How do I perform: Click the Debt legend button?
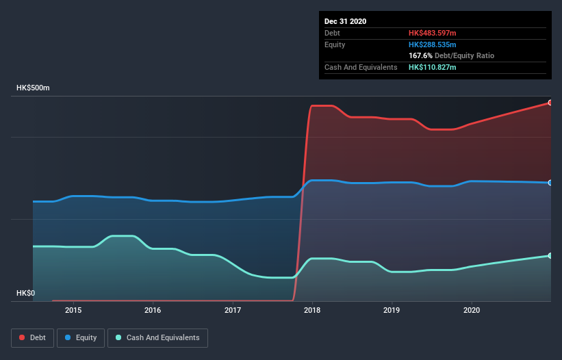pyautogui.click(x=31, y=337)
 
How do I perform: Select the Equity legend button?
pyautogui.click(x=81, y=337)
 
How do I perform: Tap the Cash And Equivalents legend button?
pyautogui.click(x=157, y=337)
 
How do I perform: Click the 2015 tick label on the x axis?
pyautogui.click(x=73, y=310)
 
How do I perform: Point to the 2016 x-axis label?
pyautogui.click(x=153, y=310)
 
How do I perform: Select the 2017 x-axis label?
pyautogui.click(x=233, y=310)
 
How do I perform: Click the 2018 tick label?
pyautogui.click(x=312, y=310)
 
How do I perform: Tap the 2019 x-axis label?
pyautogui.click(x=392, y=310)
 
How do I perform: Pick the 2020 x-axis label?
pyautogui.click(x=472, y=310)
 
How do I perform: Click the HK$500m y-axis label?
pyautogui.click(x=34, y=88)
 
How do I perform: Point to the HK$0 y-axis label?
pyautogui.click(x=27, y=293)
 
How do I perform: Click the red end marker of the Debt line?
pyautogui.click(x=550, y=103)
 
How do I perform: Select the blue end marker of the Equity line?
pyautogui.click(x=550, y=183)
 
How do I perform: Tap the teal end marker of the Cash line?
pyautogui.click(x=550, y=255)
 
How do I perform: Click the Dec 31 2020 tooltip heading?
pyautogui.click(x=346, y=21)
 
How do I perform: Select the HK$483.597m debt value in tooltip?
pyautogui.click(x=432, y=33)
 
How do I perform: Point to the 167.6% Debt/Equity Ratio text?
pyautogui.click(x=452, y=55)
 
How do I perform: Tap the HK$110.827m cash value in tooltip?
pyautogui.click(x=432, y=67)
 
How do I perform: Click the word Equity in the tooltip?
pyautogui.click(x=335, y=44)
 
